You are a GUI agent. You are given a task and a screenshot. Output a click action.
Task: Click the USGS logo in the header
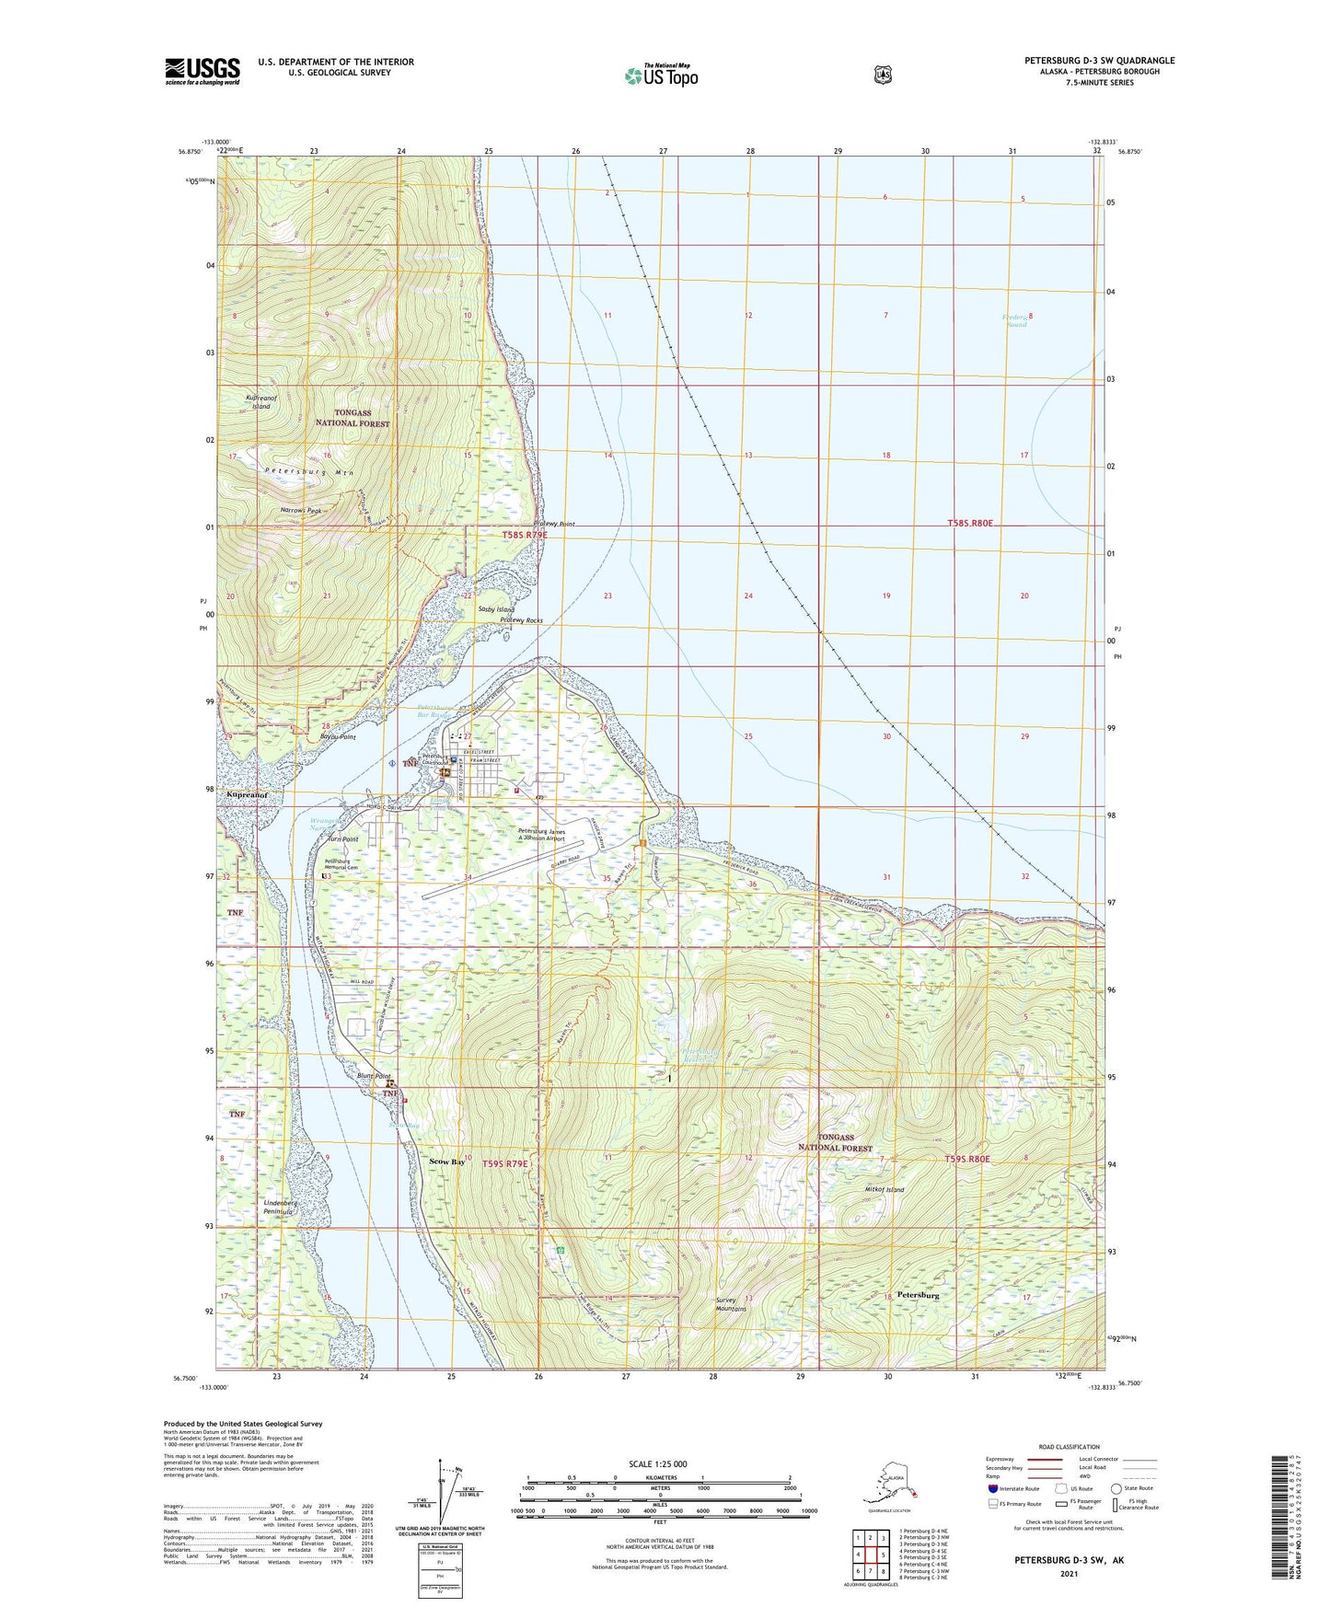pyautogui.click(x=202, y=71)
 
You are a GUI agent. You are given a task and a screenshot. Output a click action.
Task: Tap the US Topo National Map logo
pyautogui.click(x=660, y=75)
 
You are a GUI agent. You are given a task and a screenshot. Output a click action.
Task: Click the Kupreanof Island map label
pyautogui.click(x=258, y=401)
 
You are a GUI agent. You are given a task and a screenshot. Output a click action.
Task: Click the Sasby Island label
pyautogui.click(x=495, y=609)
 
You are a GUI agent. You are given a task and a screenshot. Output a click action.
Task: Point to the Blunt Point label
pyautogui.click(x=372, y=1076)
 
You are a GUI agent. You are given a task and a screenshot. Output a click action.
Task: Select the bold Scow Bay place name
pyautogui.click(x=447, y=1162)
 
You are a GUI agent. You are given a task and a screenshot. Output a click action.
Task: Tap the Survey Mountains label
pyautogui.click(x=731, y=1304)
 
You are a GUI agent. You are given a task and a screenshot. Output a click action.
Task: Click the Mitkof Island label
pyautogui.click(x=885, y=1189)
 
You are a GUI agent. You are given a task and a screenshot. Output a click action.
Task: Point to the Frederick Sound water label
pyautogui.click(x=1016, y=320)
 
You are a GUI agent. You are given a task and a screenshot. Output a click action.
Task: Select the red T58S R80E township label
pyautogui.click(x=971, y=523)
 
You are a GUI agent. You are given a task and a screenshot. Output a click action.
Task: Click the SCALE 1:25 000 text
pyautogui.click(x=657, y=1463)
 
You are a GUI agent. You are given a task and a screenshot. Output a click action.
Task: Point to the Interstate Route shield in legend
pyautogui.click(x=992, y=1488)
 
